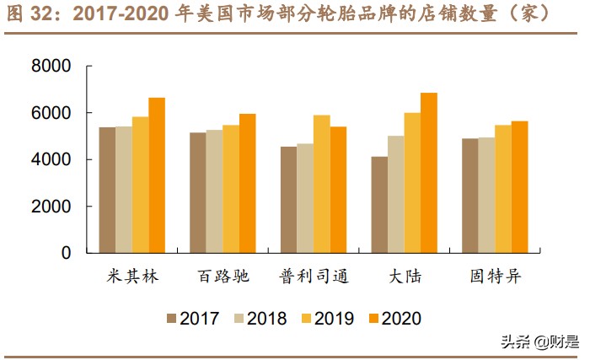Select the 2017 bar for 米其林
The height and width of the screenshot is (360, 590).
pyautogui.click(x=107, y=190)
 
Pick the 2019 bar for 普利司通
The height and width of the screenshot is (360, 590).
pyautogui.click(x=321, y=184)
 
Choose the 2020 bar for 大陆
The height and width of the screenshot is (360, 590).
pyautogui.click(x=429, y=173)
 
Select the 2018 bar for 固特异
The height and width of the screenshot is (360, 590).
pyautogui.click(x=486, y=195)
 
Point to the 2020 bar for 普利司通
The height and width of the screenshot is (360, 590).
pyautogui.click(x=338, y=190)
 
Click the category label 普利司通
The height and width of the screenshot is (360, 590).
pyautogui.click(x=313, y=277)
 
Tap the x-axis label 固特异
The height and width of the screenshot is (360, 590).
pyautogui.click(x=495, y=277)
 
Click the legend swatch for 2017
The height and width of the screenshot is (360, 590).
pyautogui.click(x=172, y=318)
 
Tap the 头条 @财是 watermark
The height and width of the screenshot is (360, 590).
pyautogui.click(x=539, y=341)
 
